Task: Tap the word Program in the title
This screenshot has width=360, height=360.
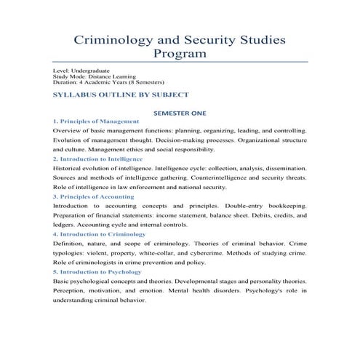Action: [x=180, y=54]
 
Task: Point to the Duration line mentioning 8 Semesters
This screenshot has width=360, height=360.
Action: [x=109, y=83]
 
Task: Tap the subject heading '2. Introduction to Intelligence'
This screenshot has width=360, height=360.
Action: [x=98, y=159]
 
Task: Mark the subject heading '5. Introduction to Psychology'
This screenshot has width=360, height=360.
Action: [x=97, y=272]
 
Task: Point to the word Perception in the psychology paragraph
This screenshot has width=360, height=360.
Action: [x=71, y=291]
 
